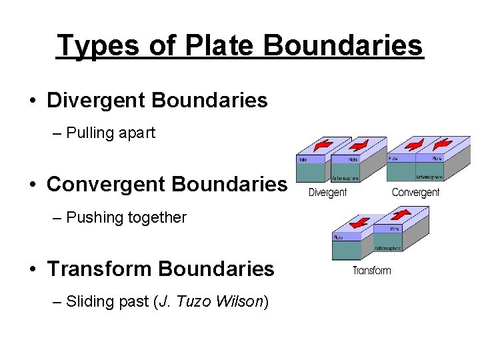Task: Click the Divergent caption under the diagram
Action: pos(327,193)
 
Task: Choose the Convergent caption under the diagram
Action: pos(415,193)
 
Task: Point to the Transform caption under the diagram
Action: pos(371,271)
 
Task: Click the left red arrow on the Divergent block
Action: pos(324,145)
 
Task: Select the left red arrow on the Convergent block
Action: pos(407,144)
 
